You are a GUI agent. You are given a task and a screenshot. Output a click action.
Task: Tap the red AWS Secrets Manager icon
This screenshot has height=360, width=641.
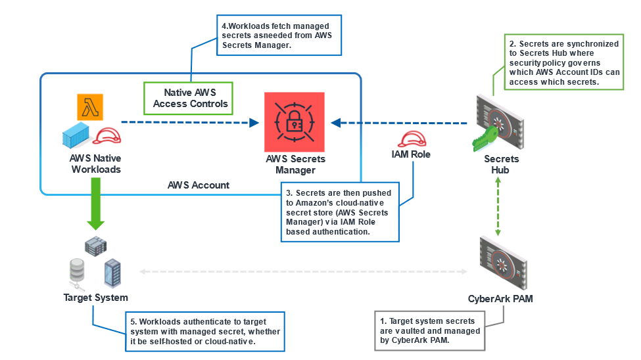coord(295,122)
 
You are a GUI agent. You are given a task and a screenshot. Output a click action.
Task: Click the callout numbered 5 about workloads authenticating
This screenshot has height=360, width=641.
coord(204,331)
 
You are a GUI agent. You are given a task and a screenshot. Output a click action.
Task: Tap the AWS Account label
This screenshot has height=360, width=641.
coord(198,185)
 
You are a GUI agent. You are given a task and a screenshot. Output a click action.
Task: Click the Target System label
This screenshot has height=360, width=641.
coord(95,298)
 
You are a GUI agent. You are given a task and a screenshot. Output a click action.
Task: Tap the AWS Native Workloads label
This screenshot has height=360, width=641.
coord(95,164)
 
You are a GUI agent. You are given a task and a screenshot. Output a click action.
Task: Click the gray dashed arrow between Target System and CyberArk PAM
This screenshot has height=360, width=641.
coord(302,271)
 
